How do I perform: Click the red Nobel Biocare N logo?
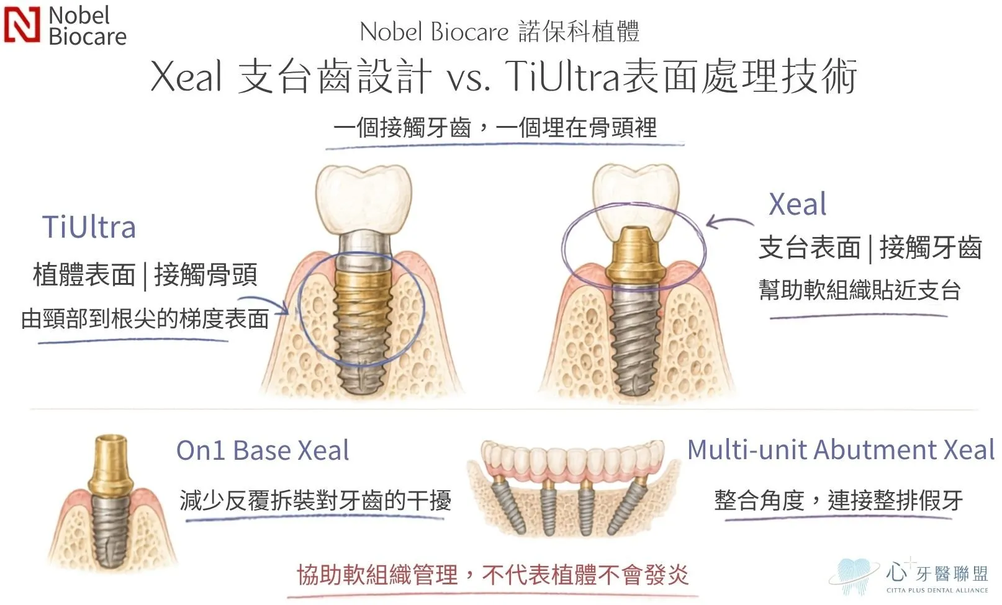tap(22, 25)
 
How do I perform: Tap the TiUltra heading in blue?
tap(89, 226)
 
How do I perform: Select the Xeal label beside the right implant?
tap(798, 204)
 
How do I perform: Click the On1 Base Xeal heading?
tap(263, 450)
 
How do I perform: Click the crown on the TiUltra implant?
tap(364, 199)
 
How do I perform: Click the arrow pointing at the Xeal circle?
tap(729, 222)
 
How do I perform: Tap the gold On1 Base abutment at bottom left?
tap(111, 465)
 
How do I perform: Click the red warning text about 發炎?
tap(492, 575)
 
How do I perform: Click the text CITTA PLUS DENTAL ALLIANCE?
tap(937, 590)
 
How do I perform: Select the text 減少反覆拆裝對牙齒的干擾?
tap(315, 500)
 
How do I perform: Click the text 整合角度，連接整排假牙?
tap(838, 500)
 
